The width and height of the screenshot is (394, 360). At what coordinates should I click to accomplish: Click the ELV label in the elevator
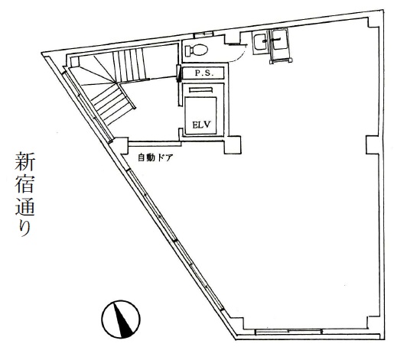(201, 125)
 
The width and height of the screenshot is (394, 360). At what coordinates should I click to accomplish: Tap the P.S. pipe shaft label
(204, 73)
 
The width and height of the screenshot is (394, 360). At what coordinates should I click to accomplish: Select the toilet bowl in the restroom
(199, 50)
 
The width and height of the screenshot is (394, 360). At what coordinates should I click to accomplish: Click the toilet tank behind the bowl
(188, 50)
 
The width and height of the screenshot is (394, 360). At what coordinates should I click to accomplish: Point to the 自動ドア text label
(155, 157)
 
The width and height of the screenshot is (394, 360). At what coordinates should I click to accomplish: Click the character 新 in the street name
(24, 161)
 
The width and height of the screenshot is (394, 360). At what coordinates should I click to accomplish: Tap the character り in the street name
(25, 227)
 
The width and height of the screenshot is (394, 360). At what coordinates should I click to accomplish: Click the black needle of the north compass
(123, 319)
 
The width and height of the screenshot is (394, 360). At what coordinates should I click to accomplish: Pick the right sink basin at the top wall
(280, 40)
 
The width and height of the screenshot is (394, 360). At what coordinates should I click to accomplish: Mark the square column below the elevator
(233, 144)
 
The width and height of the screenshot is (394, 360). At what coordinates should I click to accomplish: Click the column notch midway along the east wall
(372, 144)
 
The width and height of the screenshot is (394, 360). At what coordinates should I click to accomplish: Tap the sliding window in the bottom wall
(288, 332)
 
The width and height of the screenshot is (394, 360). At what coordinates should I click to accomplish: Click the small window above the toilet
(204, 34)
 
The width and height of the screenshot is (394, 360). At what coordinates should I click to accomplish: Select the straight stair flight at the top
(129, 65)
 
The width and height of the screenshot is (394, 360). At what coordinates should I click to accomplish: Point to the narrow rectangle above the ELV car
(201, 89)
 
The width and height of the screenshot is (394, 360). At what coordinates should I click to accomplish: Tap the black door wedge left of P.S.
(179, 73)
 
